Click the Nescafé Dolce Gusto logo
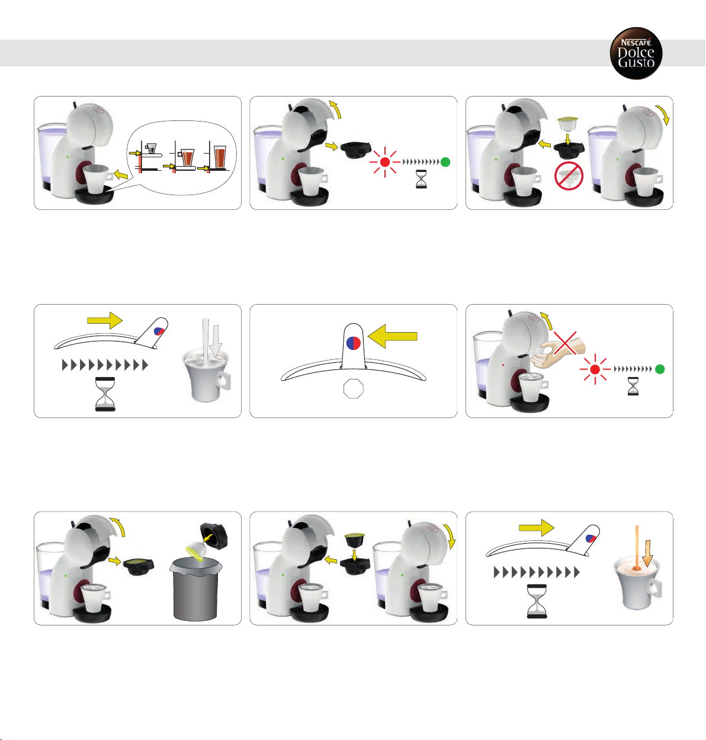coord(636,53)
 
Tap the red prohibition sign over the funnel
coord(569,176)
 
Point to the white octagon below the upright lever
coord(353,388)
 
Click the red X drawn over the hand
coord(566,343)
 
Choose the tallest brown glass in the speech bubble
coord(220,157)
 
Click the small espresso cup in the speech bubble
coord(151,148)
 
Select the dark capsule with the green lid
coord(355,540)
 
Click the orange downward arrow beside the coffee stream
coord(647,554)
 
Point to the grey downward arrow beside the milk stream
coord(216,341)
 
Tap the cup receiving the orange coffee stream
coord(637,583)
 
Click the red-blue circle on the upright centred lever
coord(353,343)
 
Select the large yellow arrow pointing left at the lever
coord(392,336)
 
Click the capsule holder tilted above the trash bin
coord(213,535)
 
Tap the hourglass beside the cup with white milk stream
coord(105,394)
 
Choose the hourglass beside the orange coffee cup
coord(537,601)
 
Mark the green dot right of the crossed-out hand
coord(660,369)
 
